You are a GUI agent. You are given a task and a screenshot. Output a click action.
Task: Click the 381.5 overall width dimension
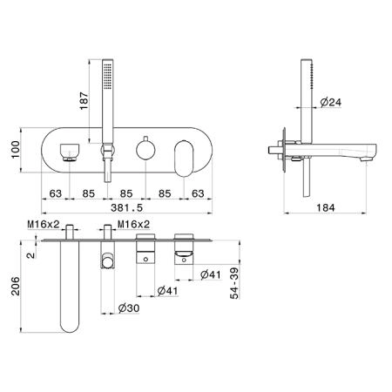(127, 207)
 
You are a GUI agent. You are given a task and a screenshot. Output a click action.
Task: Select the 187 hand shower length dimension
(84, 101)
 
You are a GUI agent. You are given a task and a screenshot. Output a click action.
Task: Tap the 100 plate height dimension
(16, 150)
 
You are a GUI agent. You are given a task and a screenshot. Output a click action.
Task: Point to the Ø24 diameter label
(331, 102)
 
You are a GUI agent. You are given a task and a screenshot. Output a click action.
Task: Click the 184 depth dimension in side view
(326, 207)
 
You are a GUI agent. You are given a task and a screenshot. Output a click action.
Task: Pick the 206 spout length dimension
(16, 287)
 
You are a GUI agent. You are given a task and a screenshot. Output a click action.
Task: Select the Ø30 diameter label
(129, 308)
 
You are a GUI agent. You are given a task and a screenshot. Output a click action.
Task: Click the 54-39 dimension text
(234, 283)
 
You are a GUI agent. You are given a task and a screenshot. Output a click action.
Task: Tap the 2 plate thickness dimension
(30, 255)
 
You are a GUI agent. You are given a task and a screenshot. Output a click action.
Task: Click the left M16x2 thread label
(44, 224)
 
